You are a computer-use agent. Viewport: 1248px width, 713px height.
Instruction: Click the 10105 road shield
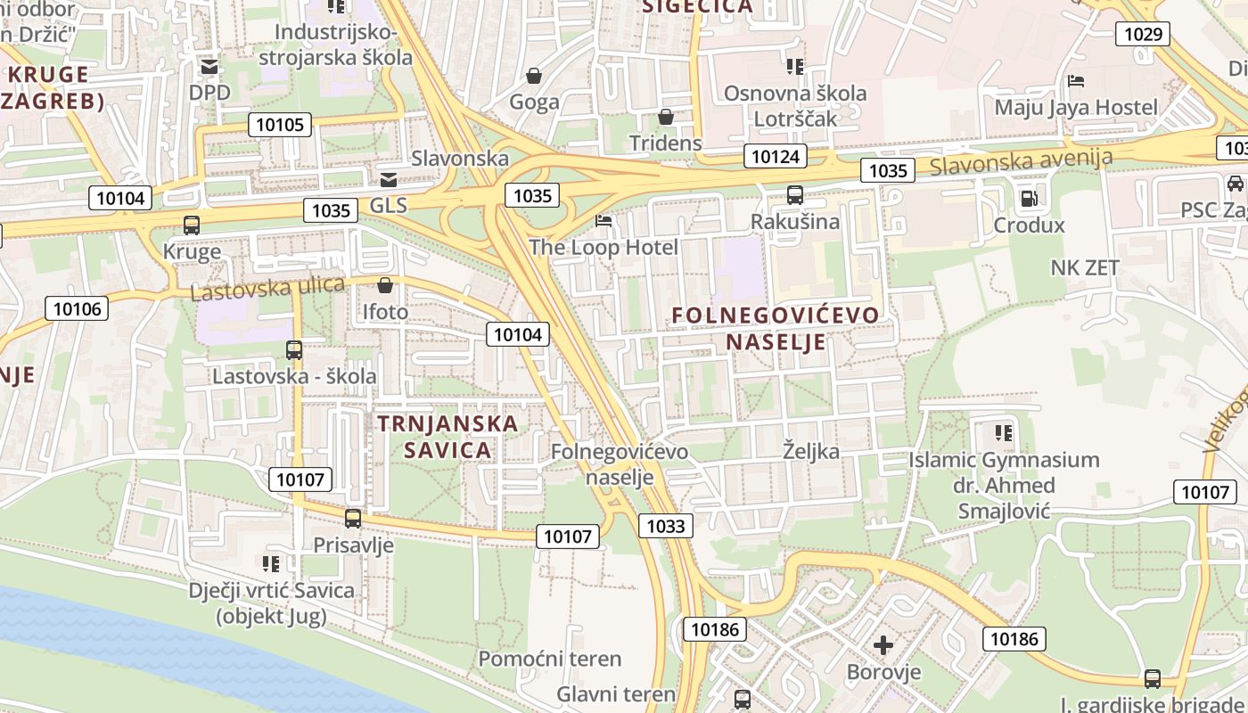coord(279,125)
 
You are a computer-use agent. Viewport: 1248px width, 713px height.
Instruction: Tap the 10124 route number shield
coord(776,157)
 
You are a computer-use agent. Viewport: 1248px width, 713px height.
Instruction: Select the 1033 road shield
coord(665,526)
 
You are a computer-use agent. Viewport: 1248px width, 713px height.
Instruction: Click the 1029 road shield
coord(1143,35)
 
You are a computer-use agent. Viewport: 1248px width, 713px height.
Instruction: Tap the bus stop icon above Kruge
coord(192,225)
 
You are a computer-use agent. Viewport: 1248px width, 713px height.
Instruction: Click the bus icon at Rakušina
coord(794,195)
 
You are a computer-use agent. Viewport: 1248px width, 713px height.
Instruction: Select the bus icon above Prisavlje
coord(353,518)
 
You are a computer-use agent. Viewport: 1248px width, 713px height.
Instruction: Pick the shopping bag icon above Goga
coord(534,76)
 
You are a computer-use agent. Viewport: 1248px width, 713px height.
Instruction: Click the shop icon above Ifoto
coord(385,285)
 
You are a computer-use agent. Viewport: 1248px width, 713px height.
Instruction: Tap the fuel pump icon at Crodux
coord(1029,199)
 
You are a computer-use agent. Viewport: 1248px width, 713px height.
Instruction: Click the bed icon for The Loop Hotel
coord(603,221)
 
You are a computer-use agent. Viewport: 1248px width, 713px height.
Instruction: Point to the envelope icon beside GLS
coord(389,179)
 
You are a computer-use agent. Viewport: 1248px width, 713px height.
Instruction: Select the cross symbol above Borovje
coord(883,644)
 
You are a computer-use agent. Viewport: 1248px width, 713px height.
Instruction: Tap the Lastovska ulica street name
coord(267,289)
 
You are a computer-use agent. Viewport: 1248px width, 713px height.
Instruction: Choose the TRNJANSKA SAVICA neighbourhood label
coord(447,436)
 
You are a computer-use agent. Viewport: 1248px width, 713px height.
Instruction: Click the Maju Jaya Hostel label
coord(1076,108)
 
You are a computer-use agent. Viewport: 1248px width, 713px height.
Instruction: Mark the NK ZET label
coord(1085,267)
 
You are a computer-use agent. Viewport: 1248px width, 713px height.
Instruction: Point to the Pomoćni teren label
coord(549,659)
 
